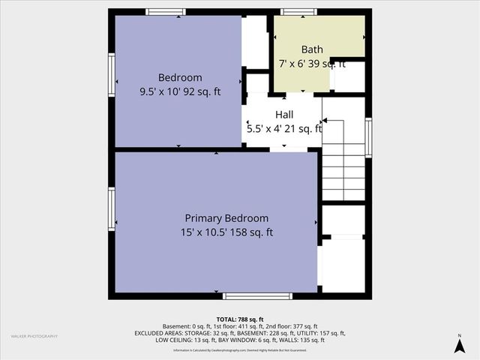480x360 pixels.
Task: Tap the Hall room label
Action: point(284,114)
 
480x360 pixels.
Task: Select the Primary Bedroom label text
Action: point(226,218)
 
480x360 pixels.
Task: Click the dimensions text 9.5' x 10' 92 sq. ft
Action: point(180,92)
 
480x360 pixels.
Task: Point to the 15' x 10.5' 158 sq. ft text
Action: point(226,232)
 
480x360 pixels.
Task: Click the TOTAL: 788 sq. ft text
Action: point(240,319)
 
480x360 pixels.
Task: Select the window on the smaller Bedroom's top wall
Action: point(166,12)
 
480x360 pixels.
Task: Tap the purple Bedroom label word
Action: point(180,78)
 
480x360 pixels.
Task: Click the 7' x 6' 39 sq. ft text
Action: point(312,64)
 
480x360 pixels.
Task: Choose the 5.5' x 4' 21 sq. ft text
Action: point(284,128)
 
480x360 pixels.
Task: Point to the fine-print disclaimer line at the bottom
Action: point(240,350)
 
